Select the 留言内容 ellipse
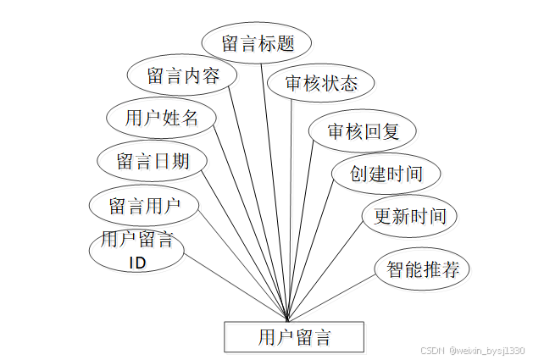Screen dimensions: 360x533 pyautogui.click(x=183, y=75)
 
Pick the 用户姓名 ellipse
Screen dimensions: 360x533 pyautogui.click(x=162, y=117)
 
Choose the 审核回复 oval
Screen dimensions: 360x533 pyautogui.click(x=362, y=130)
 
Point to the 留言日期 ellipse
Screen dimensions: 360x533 pyautogui.click(x=153, y=160)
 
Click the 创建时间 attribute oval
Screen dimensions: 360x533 pyautogui.click(x=386, y=174)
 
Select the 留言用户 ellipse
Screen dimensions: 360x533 pyautogui.click(x=145, y=204)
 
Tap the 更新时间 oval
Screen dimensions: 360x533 pyautogui.click(x=409, y=215)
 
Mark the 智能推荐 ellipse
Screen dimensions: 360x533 pyautogui.click(x=422, y=269)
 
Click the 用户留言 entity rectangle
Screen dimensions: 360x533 pyautogui.click(x=293, y=337)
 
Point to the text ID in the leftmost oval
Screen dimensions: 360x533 pyautogui.click(x=137, y=263)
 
